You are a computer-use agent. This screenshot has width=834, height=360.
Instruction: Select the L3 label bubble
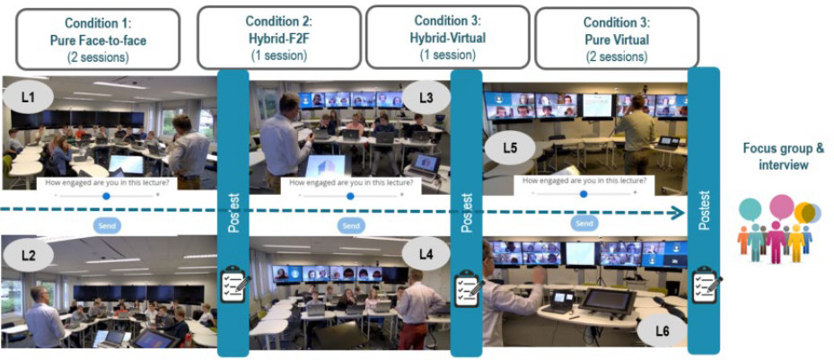[x=426, y=95]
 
